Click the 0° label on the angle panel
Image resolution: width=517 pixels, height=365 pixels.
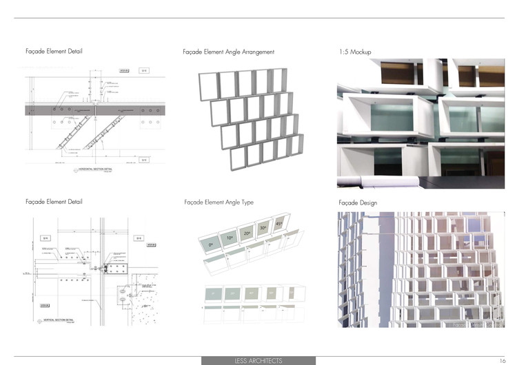[212, 245]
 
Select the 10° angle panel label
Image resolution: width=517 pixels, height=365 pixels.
[229, 238]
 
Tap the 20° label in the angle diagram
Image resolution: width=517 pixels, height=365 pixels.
[247, 233]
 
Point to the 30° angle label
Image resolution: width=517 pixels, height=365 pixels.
[263, 228]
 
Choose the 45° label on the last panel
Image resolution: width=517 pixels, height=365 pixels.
[278, 223]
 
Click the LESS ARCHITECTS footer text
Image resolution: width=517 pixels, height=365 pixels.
[258, 360]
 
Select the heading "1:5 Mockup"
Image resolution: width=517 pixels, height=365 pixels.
[356, 52]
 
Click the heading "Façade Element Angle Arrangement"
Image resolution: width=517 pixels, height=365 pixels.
[229, 52]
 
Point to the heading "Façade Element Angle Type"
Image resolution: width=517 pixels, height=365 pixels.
[219, 202]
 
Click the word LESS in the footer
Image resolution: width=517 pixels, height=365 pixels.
[242, 360]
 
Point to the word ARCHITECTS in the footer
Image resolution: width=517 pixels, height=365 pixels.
[266, 360]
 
